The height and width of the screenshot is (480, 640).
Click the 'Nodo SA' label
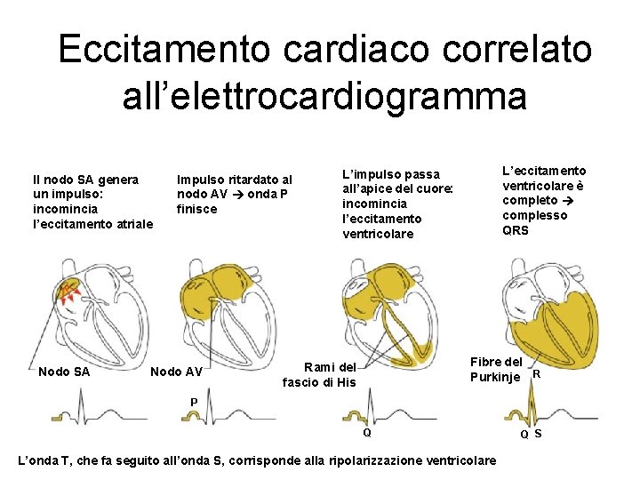point(64,372)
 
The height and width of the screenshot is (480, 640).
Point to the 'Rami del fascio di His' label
point(319,374)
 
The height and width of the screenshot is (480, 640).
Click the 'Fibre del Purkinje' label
point(496,369)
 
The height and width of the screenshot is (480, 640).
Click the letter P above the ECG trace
point(194,402)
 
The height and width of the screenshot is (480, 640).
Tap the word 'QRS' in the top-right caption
point(516,230)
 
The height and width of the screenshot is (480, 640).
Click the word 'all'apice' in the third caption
point(371,189)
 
